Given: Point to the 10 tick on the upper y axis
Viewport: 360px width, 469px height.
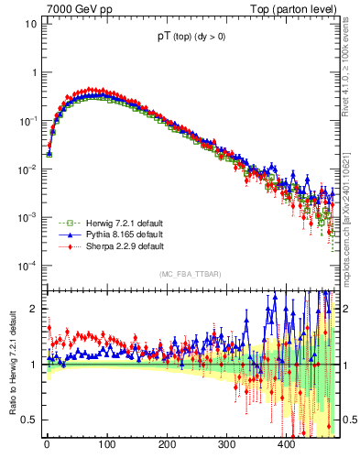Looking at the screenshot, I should pyautogui.click(x=31, y=24).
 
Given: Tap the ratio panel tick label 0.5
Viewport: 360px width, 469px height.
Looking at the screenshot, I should pyautogui.click(x=31, y=420).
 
